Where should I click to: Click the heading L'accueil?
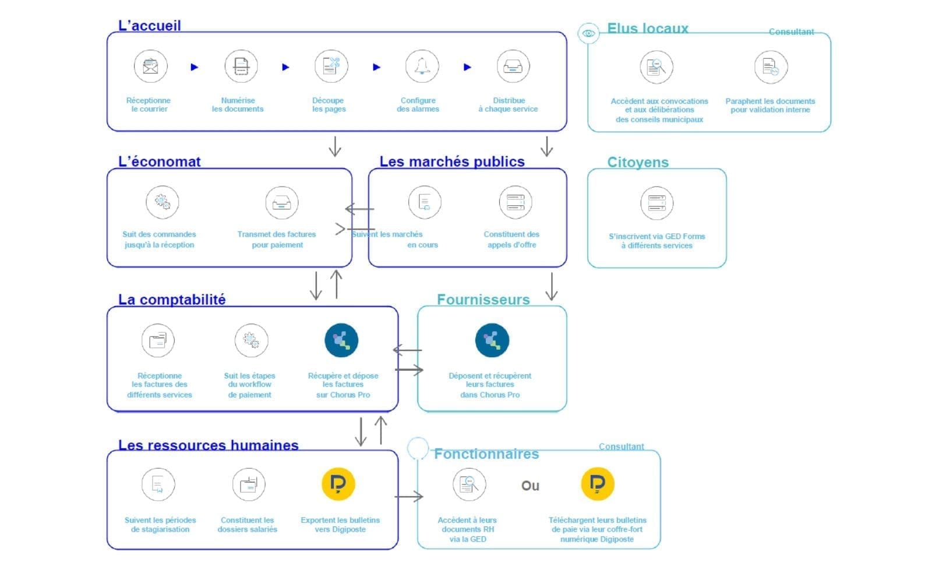coord(149,26)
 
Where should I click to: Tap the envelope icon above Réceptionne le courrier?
coord(151,66)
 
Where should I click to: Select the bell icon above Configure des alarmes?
coord(422,66)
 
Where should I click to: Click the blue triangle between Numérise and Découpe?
coord(285,67)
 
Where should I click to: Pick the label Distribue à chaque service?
coord(508,104)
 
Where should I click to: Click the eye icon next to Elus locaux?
coord(588,33)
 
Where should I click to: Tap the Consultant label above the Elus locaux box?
coord(791,31)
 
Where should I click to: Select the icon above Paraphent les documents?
coord(771,67)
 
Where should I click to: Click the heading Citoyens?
coord(638,162)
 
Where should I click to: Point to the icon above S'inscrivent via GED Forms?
coord(657,203)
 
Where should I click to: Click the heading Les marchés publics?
coord(452,161)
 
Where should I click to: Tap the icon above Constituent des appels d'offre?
coord(516,202)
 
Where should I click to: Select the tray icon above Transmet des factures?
coord(282,203)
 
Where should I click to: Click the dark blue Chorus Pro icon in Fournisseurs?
coord(492,340)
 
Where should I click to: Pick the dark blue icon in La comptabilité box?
coord(341,340)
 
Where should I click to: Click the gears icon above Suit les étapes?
coord(251,340)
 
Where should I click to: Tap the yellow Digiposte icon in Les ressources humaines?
coord(338,484)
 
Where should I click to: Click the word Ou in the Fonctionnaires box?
coord(530,486)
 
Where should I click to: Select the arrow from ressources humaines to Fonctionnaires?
coord(409,496)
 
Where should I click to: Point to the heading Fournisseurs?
coord(483,300)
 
